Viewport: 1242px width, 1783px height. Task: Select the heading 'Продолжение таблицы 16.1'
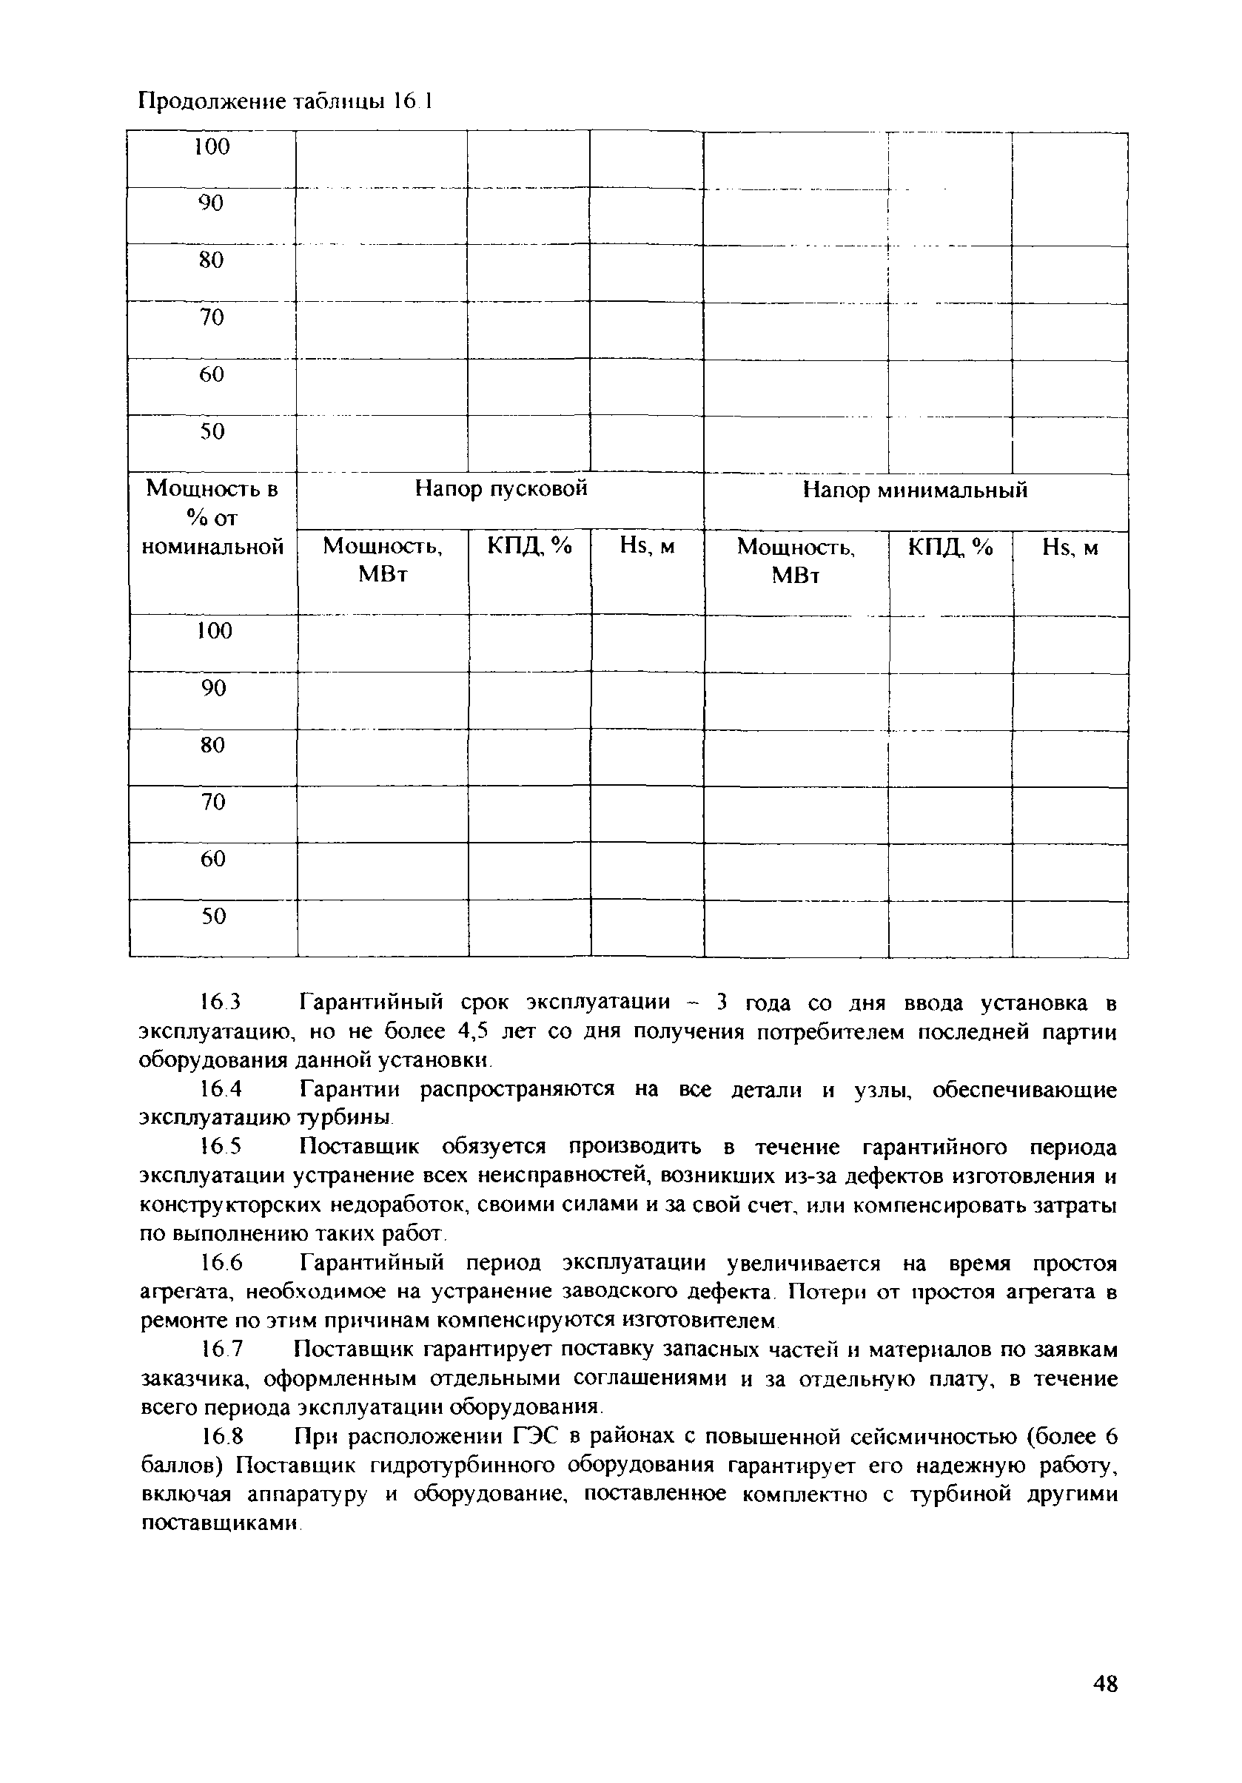coord(284,102)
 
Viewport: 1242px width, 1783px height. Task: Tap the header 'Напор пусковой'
coord(500,488)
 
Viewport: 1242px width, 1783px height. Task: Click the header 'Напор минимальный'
coord(914,490)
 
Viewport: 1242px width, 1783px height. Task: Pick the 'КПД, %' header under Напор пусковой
coord(529,547)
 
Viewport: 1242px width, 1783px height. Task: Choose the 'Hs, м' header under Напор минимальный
coord(1070,548)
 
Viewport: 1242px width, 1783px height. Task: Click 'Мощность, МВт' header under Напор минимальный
coord(796,561)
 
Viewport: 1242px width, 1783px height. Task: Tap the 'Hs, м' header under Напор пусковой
coord(646,547)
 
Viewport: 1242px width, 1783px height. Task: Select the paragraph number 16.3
coord(221,1002)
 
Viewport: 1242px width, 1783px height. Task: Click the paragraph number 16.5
coord(221,1147)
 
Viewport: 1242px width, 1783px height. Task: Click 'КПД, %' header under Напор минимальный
coord(950,548)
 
